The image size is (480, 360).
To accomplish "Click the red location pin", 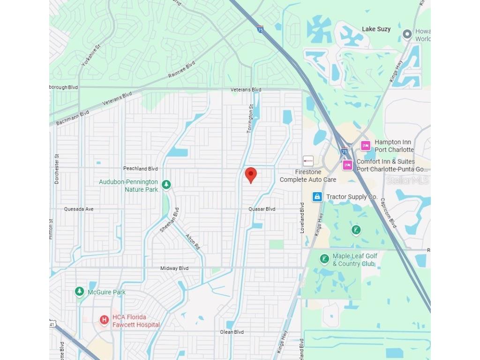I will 251,175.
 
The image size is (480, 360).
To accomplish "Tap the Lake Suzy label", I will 376,29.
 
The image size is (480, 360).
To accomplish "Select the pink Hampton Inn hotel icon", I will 366,146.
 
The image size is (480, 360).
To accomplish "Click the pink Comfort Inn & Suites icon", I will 347,165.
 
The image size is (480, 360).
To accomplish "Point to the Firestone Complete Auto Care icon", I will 308,161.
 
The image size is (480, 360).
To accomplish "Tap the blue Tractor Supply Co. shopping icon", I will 317,197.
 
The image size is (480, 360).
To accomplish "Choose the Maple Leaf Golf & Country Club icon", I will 324,259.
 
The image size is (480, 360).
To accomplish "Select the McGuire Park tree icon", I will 80,292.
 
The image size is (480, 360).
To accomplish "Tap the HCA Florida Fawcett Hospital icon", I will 104,320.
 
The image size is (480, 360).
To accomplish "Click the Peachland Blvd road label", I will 141,168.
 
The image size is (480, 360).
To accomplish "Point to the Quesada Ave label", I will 79,209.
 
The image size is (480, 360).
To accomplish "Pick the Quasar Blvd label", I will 262,209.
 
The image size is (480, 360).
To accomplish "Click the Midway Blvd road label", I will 174,268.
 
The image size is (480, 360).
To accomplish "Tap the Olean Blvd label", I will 232,332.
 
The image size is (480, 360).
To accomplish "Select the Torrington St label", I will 250,119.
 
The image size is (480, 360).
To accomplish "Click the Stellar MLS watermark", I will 407,180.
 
